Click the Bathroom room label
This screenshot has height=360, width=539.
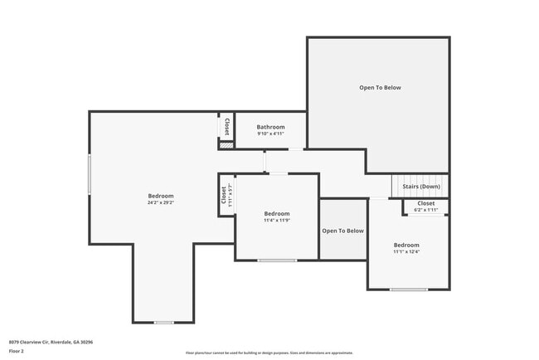click(x=270, y=127)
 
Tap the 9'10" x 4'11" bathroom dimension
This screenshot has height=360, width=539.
click(x=270, y=134)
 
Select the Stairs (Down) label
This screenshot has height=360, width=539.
click(x=420, y=187)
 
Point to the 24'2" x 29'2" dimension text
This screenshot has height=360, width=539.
click(x=160, y=202)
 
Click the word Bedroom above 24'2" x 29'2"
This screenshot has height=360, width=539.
click(x=160, y=196)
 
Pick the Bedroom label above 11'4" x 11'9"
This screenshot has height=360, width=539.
click(x=276, y=213)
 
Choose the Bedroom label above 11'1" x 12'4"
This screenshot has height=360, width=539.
click(x=406, y=246)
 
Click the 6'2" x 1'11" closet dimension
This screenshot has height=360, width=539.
click(x=425, y=210)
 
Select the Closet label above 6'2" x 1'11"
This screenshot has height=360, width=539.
click(x=425, y=203)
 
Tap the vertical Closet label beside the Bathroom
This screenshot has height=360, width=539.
click(x=226, y=126)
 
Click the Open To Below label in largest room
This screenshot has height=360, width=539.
click(x=380, y=87)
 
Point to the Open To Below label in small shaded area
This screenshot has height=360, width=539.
click(x=342, y=231)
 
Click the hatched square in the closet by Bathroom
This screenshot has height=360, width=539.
click(x=226, y=145)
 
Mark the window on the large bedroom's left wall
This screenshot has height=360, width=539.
click(x=90, y=173)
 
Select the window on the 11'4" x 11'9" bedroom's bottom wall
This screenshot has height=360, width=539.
click(x=276, y=260)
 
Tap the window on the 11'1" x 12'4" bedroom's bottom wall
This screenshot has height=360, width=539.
click(x=409, y=289)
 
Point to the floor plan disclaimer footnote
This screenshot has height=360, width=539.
click(x=269, y=353)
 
